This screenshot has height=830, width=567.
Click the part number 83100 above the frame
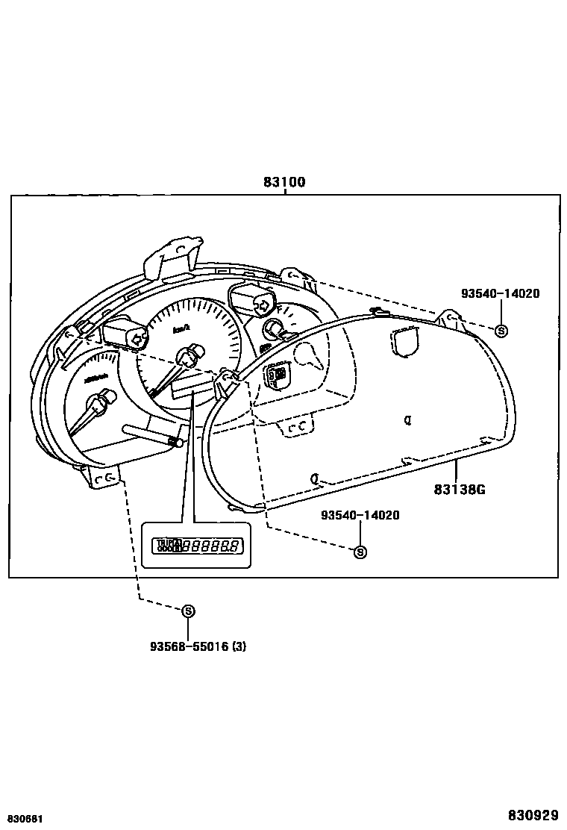point(284,182)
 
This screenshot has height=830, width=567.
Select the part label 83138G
point(460,490)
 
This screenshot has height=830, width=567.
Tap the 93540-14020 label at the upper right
point(500,294)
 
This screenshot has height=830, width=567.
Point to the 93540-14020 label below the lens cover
point(360,515)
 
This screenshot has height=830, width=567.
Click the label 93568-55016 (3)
point(198,646)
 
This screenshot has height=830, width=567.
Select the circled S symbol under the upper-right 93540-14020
point(501,331)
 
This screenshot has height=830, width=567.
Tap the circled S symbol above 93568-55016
point(189,611)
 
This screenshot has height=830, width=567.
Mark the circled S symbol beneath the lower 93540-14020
point(360,552)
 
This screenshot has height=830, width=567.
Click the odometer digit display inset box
point(196,546)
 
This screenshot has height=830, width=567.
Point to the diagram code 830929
point(533,814)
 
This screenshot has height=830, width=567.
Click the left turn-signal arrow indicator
point(137,338)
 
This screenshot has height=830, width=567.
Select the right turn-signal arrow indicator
point(262,304)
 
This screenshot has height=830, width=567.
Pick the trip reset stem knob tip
point(179,443)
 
